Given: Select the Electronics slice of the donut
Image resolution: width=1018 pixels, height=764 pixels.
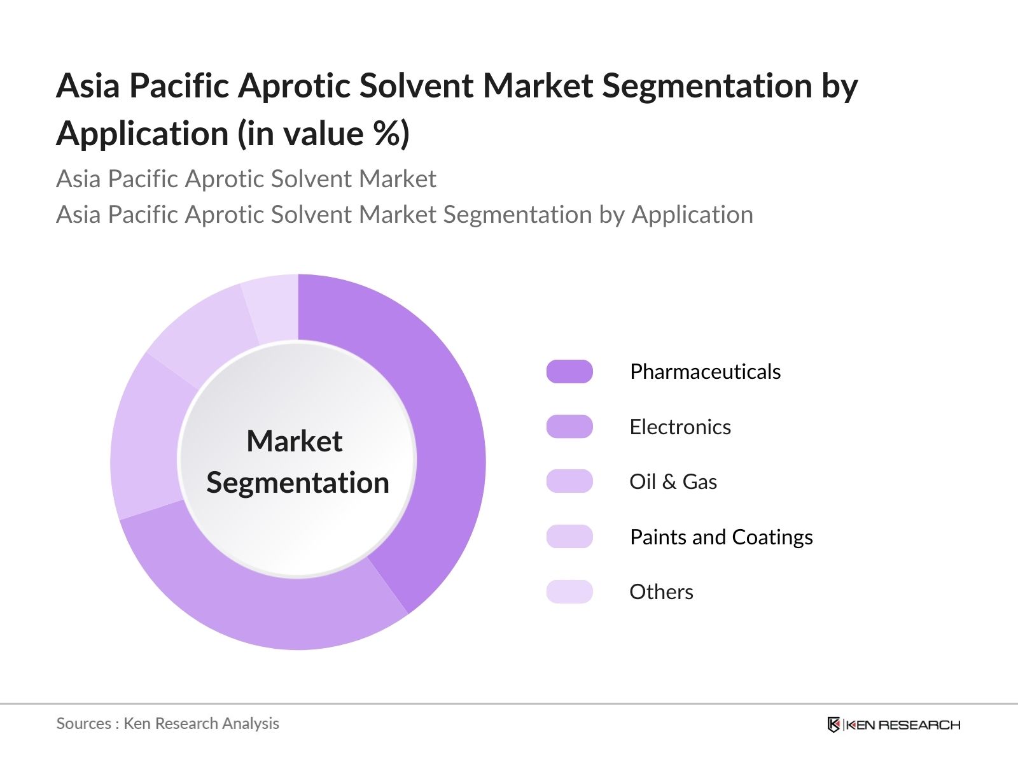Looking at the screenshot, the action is [260, 603].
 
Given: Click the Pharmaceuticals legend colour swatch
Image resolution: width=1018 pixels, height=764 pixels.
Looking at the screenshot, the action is [569, 372].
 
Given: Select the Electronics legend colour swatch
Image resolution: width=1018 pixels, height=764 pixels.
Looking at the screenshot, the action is [569, 427].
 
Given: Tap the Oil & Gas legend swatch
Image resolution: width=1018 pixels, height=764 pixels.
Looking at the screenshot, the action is [569, 481].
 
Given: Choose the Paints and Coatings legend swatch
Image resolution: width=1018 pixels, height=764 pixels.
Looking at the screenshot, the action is [569, 537].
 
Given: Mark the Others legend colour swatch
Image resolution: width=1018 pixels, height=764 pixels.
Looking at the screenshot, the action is [569, 592].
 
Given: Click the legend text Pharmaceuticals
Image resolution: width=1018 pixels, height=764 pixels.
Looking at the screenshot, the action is [706, 372].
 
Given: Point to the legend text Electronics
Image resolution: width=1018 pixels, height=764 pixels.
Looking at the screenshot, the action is [680, 427].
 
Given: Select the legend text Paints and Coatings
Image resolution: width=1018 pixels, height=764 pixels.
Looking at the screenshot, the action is [722, 537].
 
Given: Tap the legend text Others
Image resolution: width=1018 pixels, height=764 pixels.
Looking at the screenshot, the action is [662, 592].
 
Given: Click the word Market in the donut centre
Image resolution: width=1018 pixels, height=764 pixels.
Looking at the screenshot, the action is [295, 441].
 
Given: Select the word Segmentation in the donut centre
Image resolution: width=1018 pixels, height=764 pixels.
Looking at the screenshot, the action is [298, 483].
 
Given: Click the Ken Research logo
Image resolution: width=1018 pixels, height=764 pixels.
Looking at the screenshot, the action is [894, 725].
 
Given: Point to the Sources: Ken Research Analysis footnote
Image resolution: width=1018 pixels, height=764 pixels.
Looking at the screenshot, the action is [168, 724].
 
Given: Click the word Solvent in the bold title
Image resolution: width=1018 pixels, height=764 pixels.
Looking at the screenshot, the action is [417, 86].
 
